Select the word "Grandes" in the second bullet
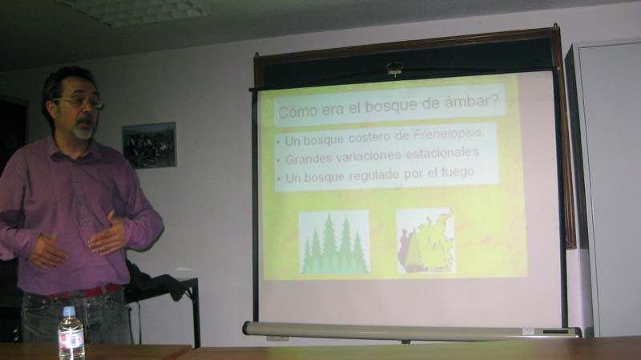308,158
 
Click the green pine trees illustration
334,243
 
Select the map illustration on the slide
426,241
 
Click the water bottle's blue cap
69,311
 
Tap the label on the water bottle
71,338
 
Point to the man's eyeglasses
79,103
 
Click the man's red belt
85,292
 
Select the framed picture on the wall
149,145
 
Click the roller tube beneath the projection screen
411,330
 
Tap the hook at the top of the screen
394,68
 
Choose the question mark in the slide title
497,99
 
